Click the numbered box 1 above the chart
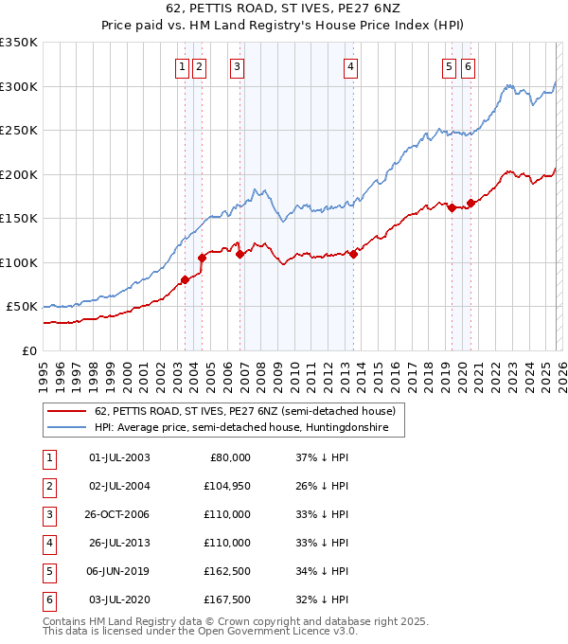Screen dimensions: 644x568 point(181,66)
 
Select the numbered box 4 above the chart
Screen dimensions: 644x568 point(350,66)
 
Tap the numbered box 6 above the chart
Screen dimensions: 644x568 point(468,66)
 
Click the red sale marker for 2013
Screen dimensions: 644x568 point(353,254)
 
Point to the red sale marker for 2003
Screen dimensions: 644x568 point(186,279)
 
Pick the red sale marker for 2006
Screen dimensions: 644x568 point(240,254)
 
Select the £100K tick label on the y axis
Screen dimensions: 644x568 point(18,262)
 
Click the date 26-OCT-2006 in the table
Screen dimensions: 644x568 point(118,514)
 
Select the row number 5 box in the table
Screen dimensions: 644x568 point(47,571)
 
